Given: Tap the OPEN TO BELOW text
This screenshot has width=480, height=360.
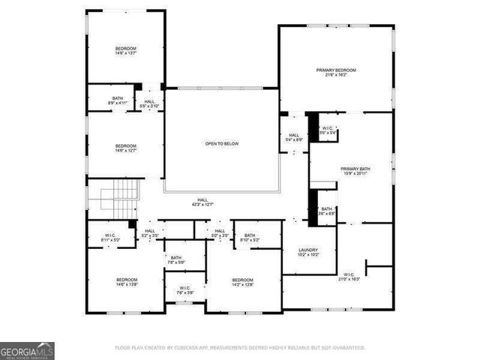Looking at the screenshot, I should (x=222, y=143).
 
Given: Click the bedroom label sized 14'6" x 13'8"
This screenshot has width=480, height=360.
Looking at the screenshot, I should (x=125, y=282).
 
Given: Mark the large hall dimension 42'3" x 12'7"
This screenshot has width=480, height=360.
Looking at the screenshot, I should (x=199, y=203).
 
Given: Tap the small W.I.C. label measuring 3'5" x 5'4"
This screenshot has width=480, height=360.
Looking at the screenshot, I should (x=328, y=130).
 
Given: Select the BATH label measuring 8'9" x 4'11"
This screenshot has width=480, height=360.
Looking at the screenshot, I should (x=118, y=100).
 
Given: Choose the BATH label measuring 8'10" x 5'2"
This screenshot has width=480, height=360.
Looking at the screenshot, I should (x=250, y=238).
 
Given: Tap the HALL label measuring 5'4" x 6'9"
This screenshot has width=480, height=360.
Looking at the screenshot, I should (x=294, y=137).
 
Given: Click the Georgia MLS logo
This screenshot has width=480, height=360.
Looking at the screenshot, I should (x=27, y=350).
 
